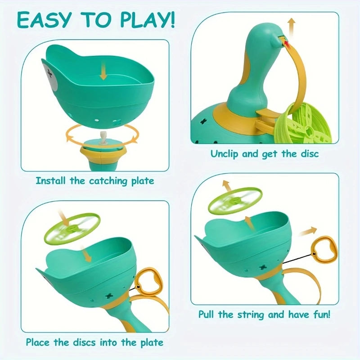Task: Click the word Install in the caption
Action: (50, 181)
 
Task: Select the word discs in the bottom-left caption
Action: (89, 342)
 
